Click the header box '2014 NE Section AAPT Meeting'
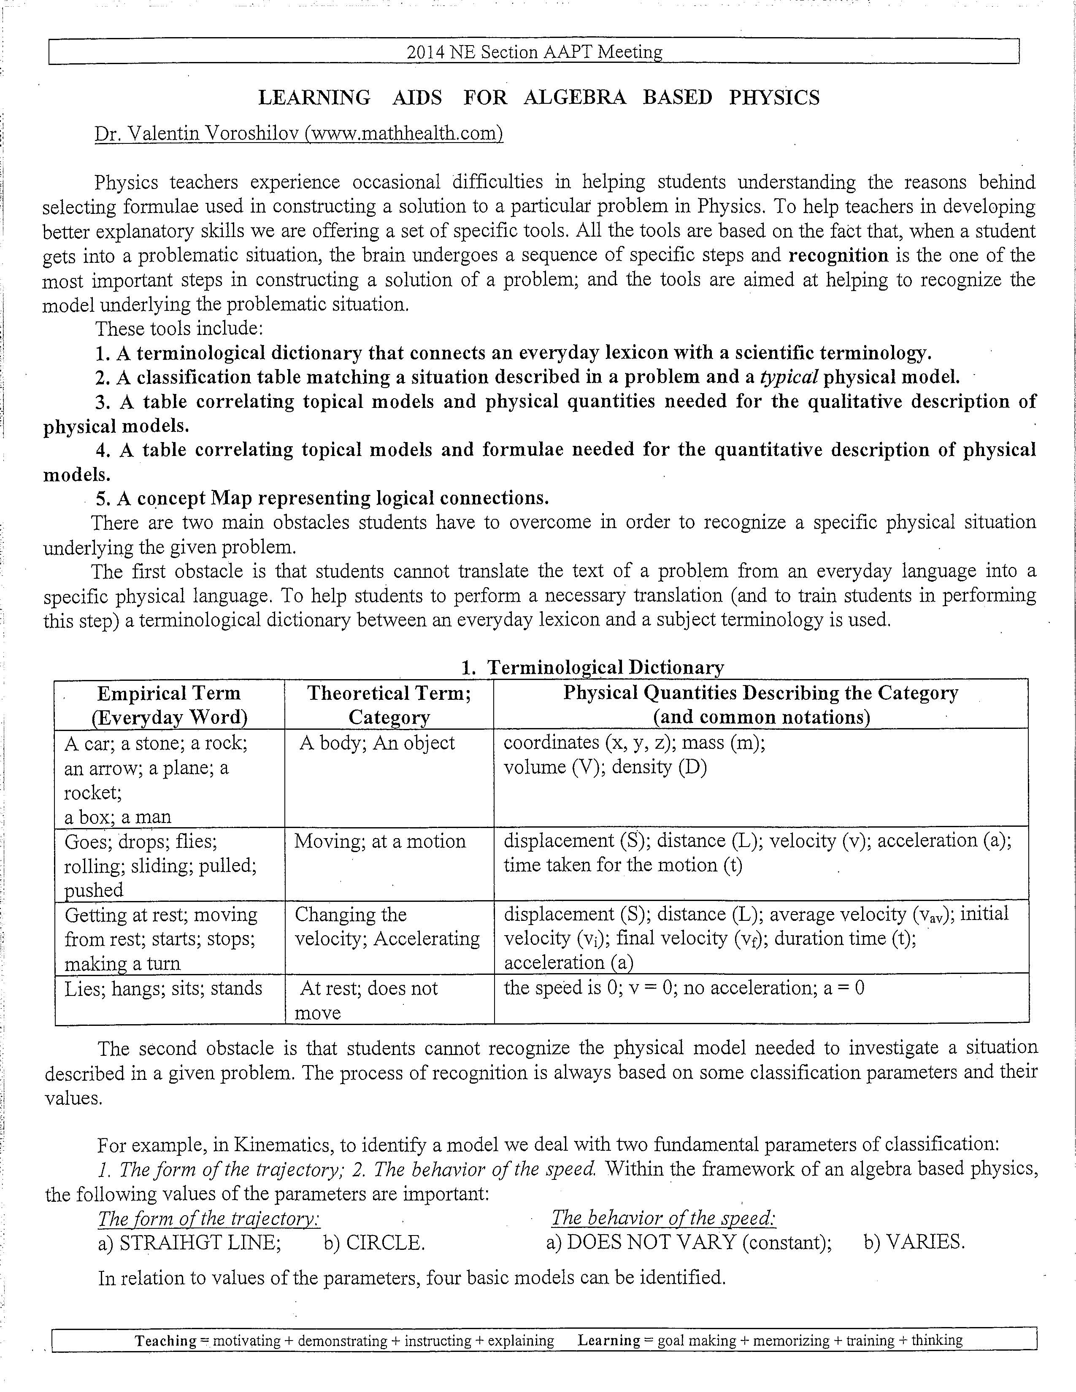click(x=534, y=51)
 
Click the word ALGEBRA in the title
click(x=575, y=97)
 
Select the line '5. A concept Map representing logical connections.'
click(x=322, y=498)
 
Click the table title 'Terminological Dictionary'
click(x=605, y=667)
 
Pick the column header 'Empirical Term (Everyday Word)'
click(x=169, y=705)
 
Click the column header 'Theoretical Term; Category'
click(x=389, y=705)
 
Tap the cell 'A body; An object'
click(x=377, y=743)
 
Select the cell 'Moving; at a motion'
click(x=380, y=842)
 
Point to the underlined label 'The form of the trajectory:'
click(x=208, y=1219)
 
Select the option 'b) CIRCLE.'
click(x=374, y=1243)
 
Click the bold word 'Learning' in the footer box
click(x=609, y=1341)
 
